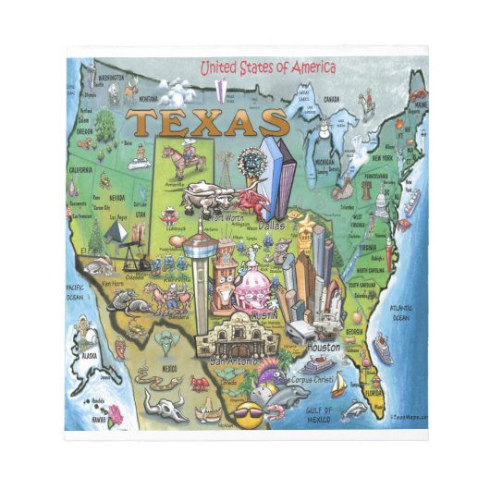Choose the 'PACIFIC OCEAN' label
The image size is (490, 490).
(75, 293)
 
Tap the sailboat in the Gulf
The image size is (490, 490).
(339, 380)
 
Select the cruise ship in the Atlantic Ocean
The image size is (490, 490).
(382, 349)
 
